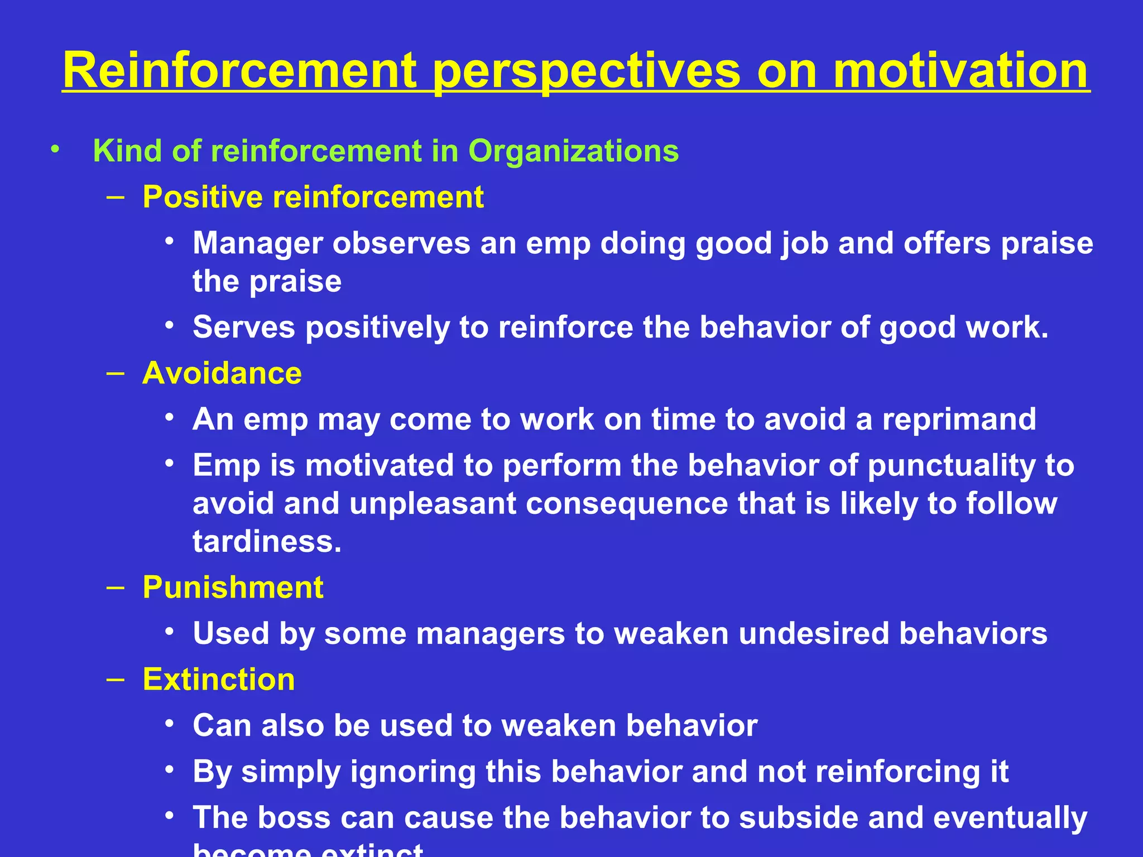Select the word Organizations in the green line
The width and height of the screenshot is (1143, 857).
click(573, 151)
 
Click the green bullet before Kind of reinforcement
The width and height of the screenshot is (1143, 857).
click(54, 150)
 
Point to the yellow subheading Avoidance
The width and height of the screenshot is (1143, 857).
click(222, 373)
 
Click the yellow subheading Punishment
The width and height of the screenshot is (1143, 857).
click(233, 587)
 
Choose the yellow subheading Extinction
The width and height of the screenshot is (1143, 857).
click(219, 679)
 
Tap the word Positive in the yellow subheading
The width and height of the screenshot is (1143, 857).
click(202, 197)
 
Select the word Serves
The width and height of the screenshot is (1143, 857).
click(243, 327)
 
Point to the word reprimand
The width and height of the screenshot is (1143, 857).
click(959, 420)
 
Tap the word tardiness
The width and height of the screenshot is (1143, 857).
click(266, 541)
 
